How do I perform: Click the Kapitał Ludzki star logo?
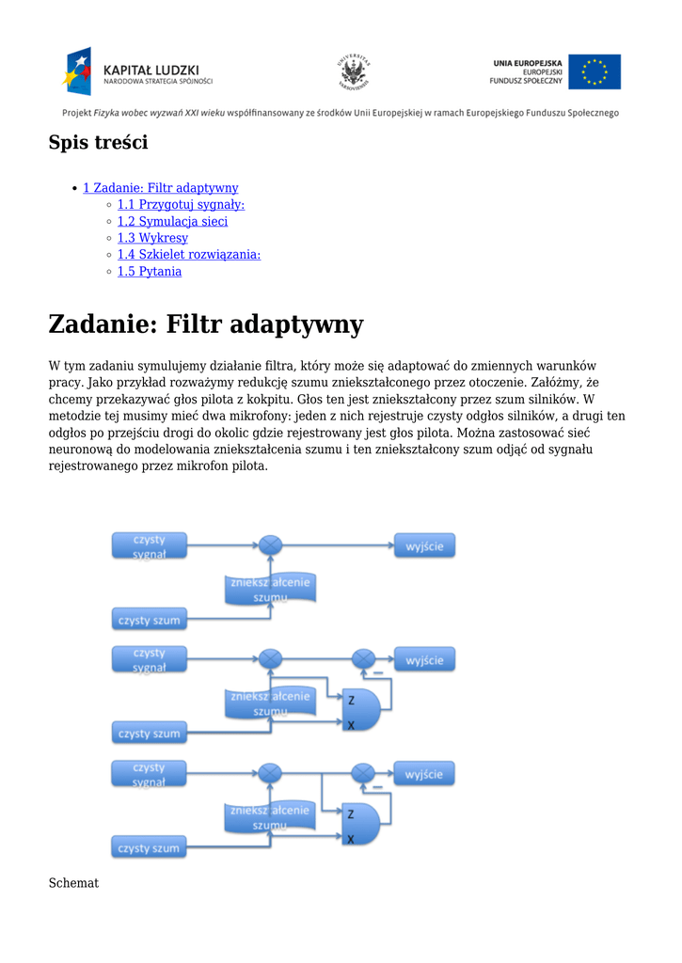point(78,71)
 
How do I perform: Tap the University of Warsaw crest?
point(354,71)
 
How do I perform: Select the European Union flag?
point(594,71)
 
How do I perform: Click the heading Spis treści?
point(98,143)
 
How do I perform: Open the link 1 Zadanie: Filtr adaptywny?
point(160,188)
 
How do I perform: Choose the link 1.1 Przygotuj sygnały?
point(181,205)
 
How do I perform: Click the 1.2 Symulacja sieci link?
point(172,222)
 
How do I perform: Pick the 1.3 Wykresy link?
point(152,239)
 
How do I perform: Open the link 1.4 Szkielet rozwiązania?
point(188,255)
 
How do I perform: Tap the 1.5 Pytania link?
point(149,272)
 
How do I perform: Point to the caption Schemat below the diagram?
point(73,883)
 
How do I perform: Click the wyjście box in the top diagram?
point(424,545)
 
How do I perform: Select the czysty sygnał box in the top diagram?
point(149,546)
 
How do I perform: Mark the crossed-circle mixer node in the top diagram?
point(270,545)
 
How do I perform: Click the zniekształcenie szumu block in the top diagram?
point(270,589)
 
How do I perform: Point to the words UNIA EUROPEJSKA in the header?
point(527,63)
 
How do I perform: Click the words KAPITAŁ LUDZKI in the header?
point(151,69)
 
